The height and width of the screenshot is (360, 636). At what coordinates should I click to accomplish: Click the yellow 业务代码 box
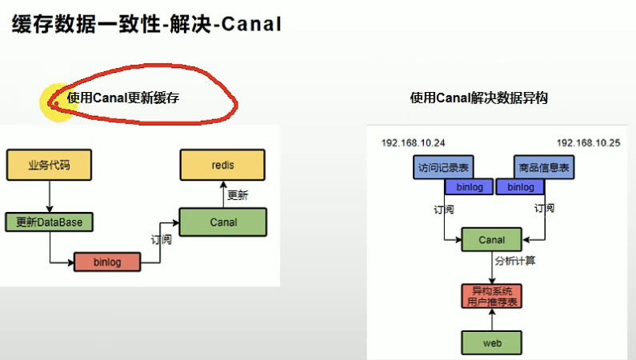click(x=49, y=165)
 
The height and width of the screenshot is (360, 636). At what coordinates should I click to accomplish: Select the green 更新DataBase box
click(x=49, y=222)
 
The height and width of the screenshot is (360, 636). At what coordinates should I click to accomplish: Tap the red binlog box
click(x=107, y=262)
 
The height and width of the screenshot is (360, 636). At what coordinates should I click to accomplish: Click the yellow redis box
click(x=222, y=165)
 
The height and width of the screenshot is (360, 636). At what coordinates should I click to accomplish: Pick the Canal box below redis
click(x=223, y=222)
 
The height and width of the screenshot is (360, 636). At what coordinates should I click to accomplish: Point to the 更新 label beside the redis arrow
click(x=238, y=195)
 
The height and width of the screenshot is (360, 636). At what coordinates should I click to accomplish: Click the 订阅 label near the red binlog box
click(x=162, y=239)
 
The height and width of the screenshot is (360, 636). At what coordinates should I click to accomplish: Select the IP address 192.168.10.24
click(x=413, y=143)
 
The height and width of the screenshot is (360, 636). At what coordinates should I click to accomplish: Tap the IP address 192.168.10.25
click(x=588, y=143)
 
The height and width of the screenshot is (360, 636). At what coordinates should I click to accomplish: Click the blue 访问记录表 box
click(x=443, y=167)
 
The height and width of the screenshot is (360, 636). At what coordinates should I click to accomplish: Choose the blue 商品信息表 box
click(x=544, y=167)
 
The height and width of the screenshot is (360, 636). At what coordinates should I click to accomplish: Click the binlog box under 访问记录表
click(x=470, y=187)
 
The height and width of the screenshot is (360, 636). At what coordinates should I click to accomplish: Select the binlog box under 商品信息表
click(x=521, y=187)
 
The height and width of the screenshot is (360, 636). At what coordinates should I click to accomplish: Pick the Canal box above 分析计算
click(x=492, y=239)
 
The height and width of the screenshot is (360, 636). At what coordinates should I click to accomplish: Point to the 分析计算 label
click(x=515, y=261)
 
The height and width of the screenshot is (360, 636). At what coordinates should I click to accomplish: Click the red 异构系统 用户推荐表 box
click(x=492, y=296)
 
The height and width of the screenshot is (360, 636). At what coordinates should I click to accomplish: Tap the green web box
click(x=492, y=343)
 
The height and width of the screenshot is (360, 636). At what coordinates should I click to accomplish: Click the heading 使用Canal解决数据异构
click(x=479, y=98)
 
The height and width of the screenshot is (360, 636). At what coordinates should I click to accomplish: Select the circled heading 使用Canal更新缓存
click(x=123, y=98)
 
